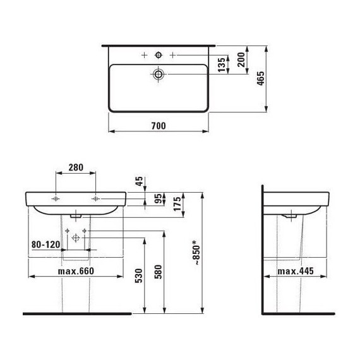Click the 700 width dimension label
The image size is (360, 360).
[159, 126]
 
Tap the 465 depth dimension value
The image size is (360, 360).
[261, 78]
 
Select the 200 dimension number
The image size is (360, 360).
[241, 60]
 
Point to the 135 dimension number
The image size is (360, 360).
[222, 65]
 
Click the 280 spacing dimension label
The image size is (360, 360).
[76, 167]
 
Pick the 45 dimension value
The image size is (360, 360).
[139, 181]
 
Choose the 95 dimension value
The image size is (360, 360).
[158, 199]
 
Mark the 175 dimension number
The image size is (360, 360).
[177, 204]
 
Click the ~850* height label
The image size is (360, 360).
[196, 253]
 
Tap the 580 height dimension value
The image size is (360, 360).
[158, 272]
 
